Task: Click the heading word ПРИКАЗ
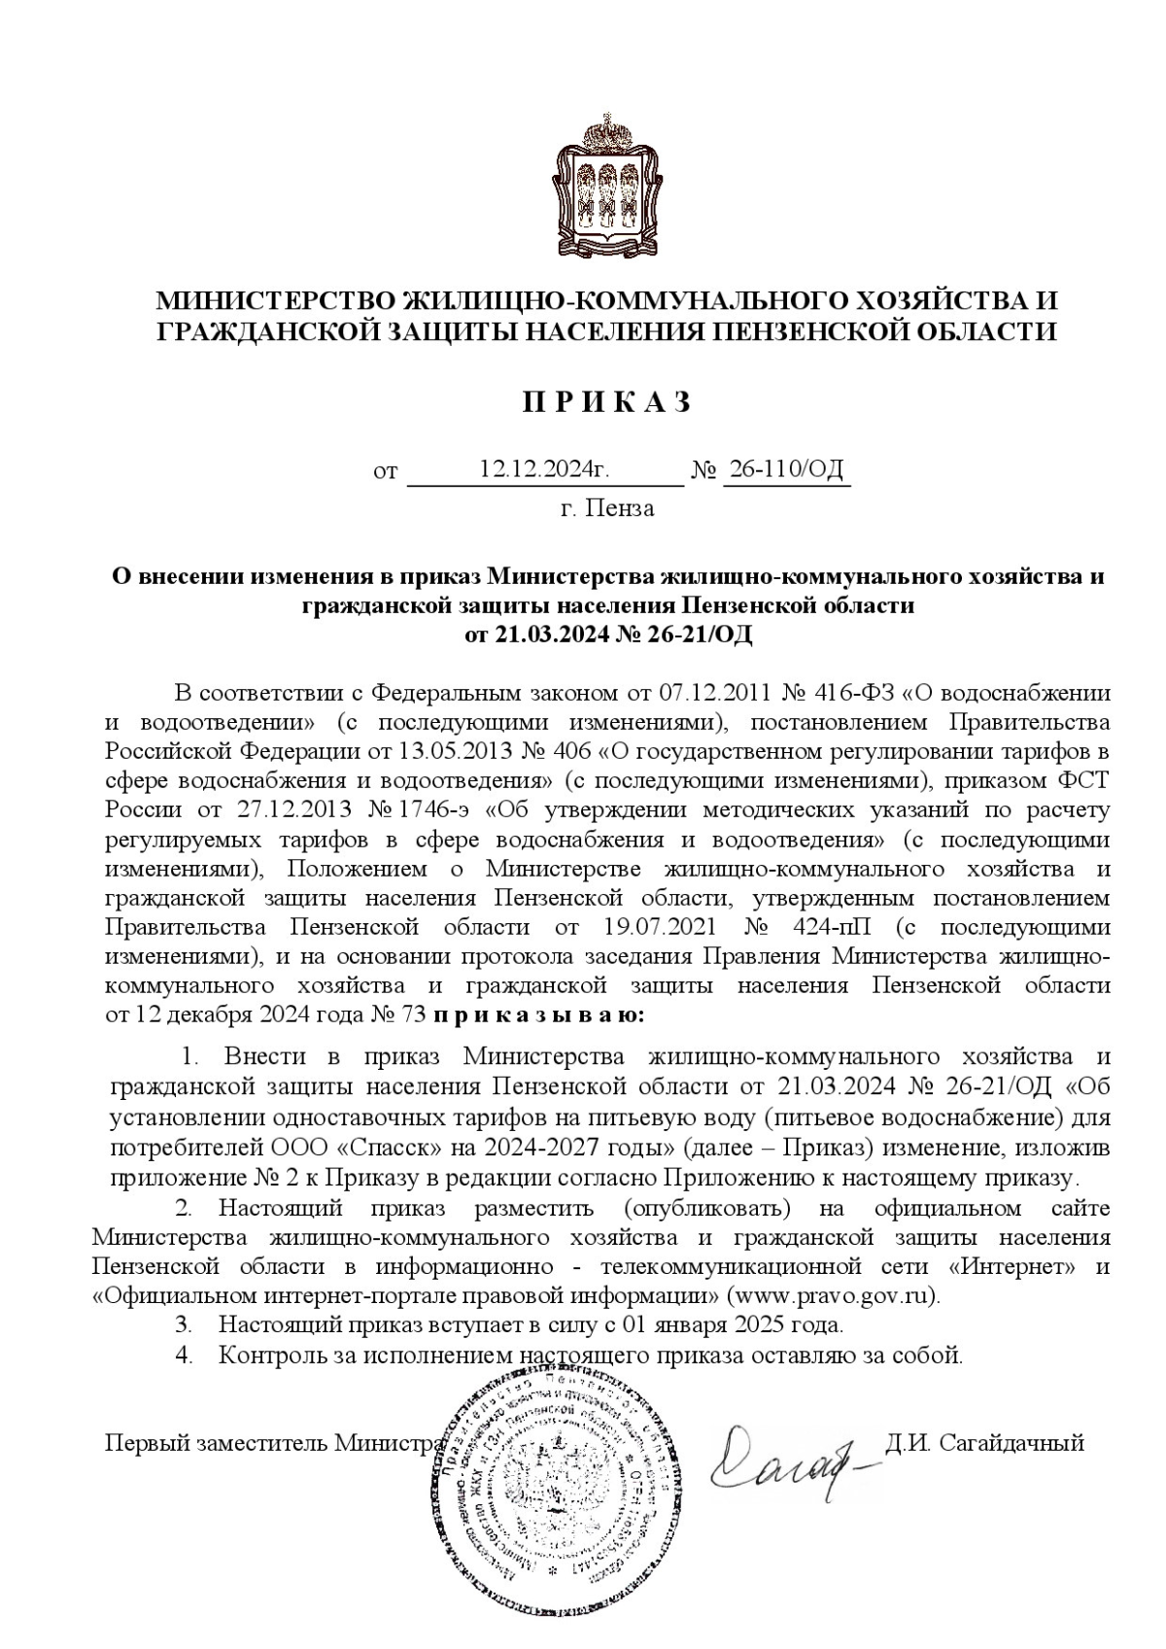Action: tap(608, 402)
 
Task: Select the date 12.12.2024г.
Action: tap(544, 470)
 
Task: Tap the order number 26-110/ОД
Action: tap(786, 470)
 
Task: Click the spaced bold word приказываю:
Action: tap(536, 1015)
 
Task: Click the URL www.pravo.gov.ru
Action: tap(832, 1295)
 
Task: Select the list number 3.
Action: tap(182, 1324)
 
